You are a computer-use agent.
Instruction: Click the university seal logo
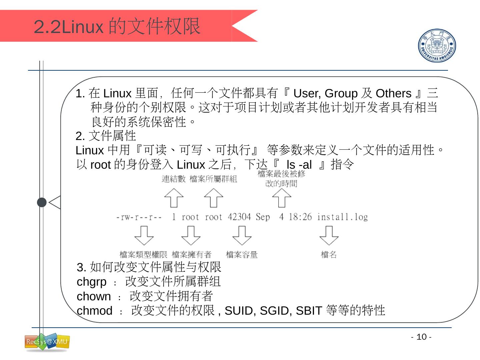click(437, 45)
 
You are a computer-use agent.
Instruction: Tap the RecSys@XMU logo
click(47, 342)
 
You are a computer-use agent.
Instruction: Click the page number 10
click(421, 337)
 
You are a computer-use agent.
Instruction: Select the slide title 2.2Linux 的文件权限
click(117, 26)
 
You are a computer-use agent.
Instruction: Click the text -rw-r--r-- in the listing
click(139, 217)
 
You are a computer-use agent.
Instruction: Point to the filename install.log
click(342, 217)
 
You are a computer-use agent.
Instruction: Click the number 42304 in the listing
click(239, 217)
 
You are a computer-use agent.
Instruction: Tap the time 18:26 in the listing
click(300, 217)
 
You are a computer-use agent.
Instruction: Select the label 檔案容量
click(242, 255)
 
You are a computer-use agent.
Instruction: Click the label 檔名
click(329, 255)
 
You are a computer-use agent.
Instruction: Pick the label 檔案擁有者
click(192, 255)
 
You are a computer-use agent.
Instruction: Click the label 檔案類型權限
click(143, 255)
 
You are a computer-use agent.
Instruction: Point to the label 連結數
click(174, 179)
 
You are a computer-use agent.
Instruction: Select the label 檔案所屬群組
click(213, 179)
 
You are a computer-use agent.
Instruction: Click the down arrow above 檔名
click(329, 235)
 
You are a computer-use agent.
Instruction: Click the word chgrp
click(92, 282)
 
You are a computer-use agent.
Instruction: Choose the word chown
click(94, 296)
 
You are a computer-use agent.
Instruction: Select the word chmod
click(95, 311)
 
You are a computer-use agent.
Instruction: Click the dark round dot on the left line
click(42, 202)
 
